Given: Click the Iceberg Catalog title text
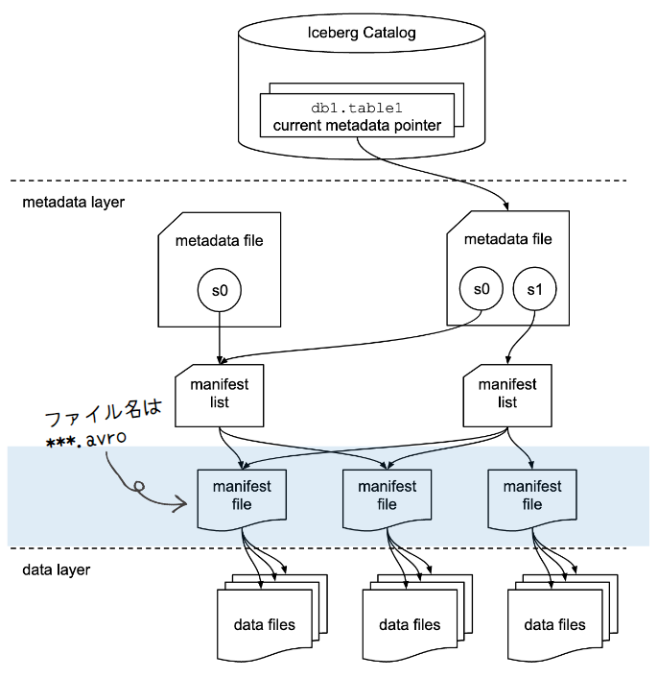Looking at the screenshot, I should [x=361, y=33].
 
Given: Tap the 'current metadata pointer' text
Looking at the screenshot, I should [x=357, y=125].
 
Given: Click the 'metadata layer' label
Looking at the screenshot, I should [x=73, y=203].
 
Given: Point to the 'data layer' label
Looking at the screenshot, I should [x=56, y=569].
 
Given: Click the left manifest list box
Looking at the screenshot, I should [x=219, y=394].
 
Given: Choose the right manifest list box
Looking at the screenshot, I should [x=507, y=394].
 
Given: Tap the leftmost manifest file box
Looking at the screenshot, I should [x=242, y=496].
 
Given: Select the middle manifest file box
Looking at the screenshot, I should [x=387, y=496].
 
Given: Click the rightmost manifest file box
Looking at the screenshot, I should [x=531, y=496].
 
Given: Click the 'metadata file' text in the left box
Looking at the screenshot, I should [x=219, y=240].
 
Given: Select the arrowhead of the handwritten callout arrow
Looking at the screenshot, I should [x=180, y=501].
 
